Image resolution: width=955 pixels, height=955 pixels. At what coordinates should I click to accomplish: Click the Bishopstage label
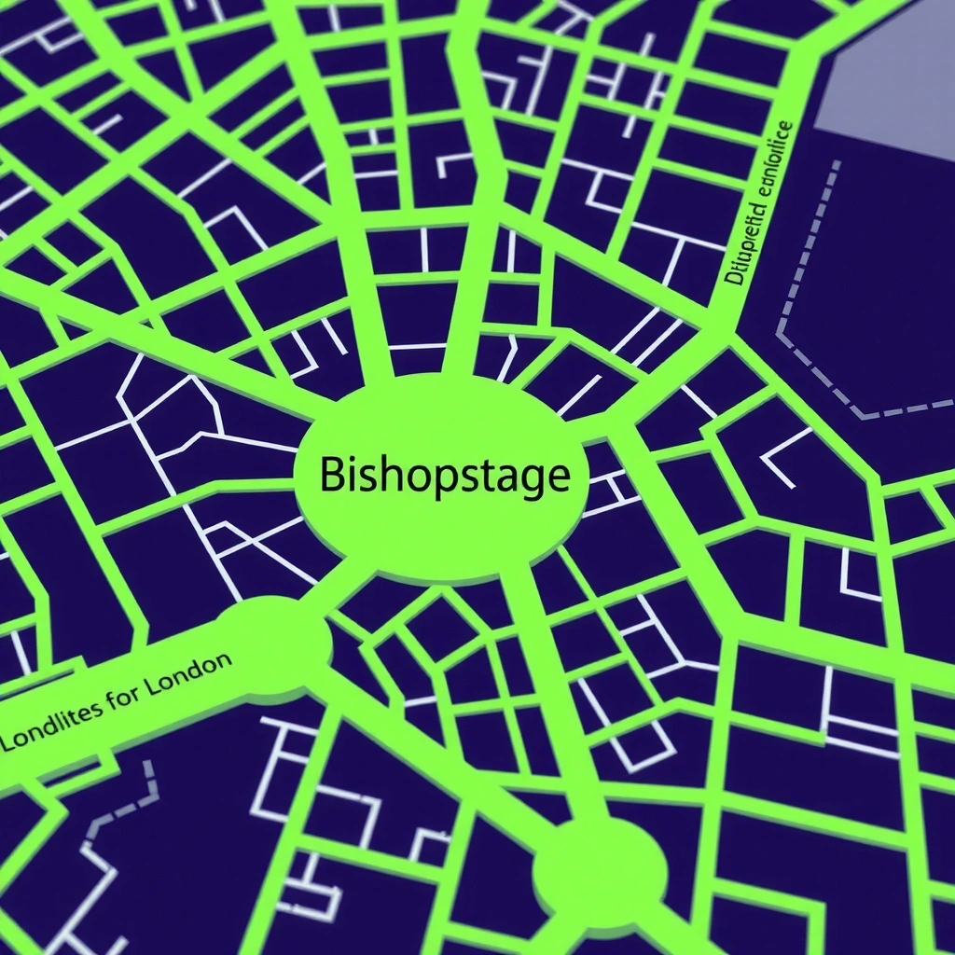click(444, 477)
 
